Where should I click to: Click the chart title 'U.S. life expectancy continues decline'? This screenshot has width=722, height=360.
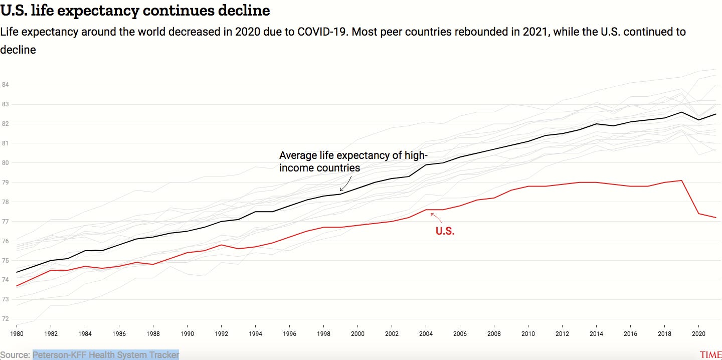[135, 10]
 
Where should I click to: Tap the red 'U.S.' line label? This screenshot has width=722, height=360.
[445, 231]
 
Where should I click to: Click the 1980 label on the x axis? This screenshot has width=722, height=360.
[17, 333]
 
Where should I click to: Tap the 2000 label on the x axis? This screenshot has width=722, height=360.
[357, 333]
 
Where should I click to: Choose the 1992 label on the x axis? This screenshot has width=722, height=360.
[221, 333]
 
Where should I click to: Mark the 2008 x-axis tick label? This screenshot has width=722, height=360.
[494, 333]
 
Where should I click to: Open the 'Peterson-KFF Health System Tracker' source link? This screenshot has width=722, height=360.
[106, 355]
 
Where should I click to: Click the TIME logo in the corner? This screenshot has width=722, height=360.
[710, 355]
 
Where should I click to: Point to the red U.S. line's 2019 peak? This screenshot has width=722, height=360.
[681, 181]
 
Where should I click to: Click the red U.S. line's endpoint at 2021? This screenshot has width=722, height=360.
[715, 217]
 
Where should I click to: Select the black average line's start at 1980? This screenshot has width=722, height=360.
[17, 272]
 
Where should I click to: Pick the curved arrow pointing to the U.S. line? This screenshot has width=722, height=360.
[435, 217]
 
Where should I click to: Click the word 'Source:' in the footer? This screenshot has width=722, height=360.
[15, 355]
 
